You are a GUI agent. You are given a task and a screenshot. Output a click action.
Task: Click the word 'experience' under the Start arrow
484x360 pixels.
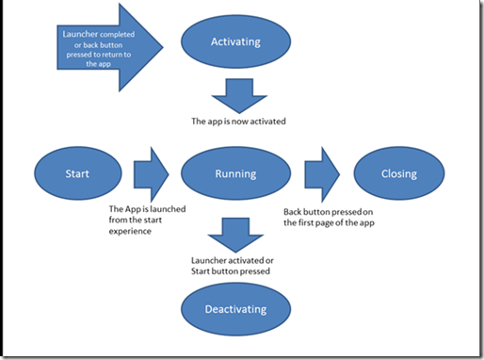point(133,230)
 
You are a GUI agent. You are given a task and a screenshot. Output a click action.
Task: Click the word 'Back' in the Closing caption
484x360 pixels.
point(295,213)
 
